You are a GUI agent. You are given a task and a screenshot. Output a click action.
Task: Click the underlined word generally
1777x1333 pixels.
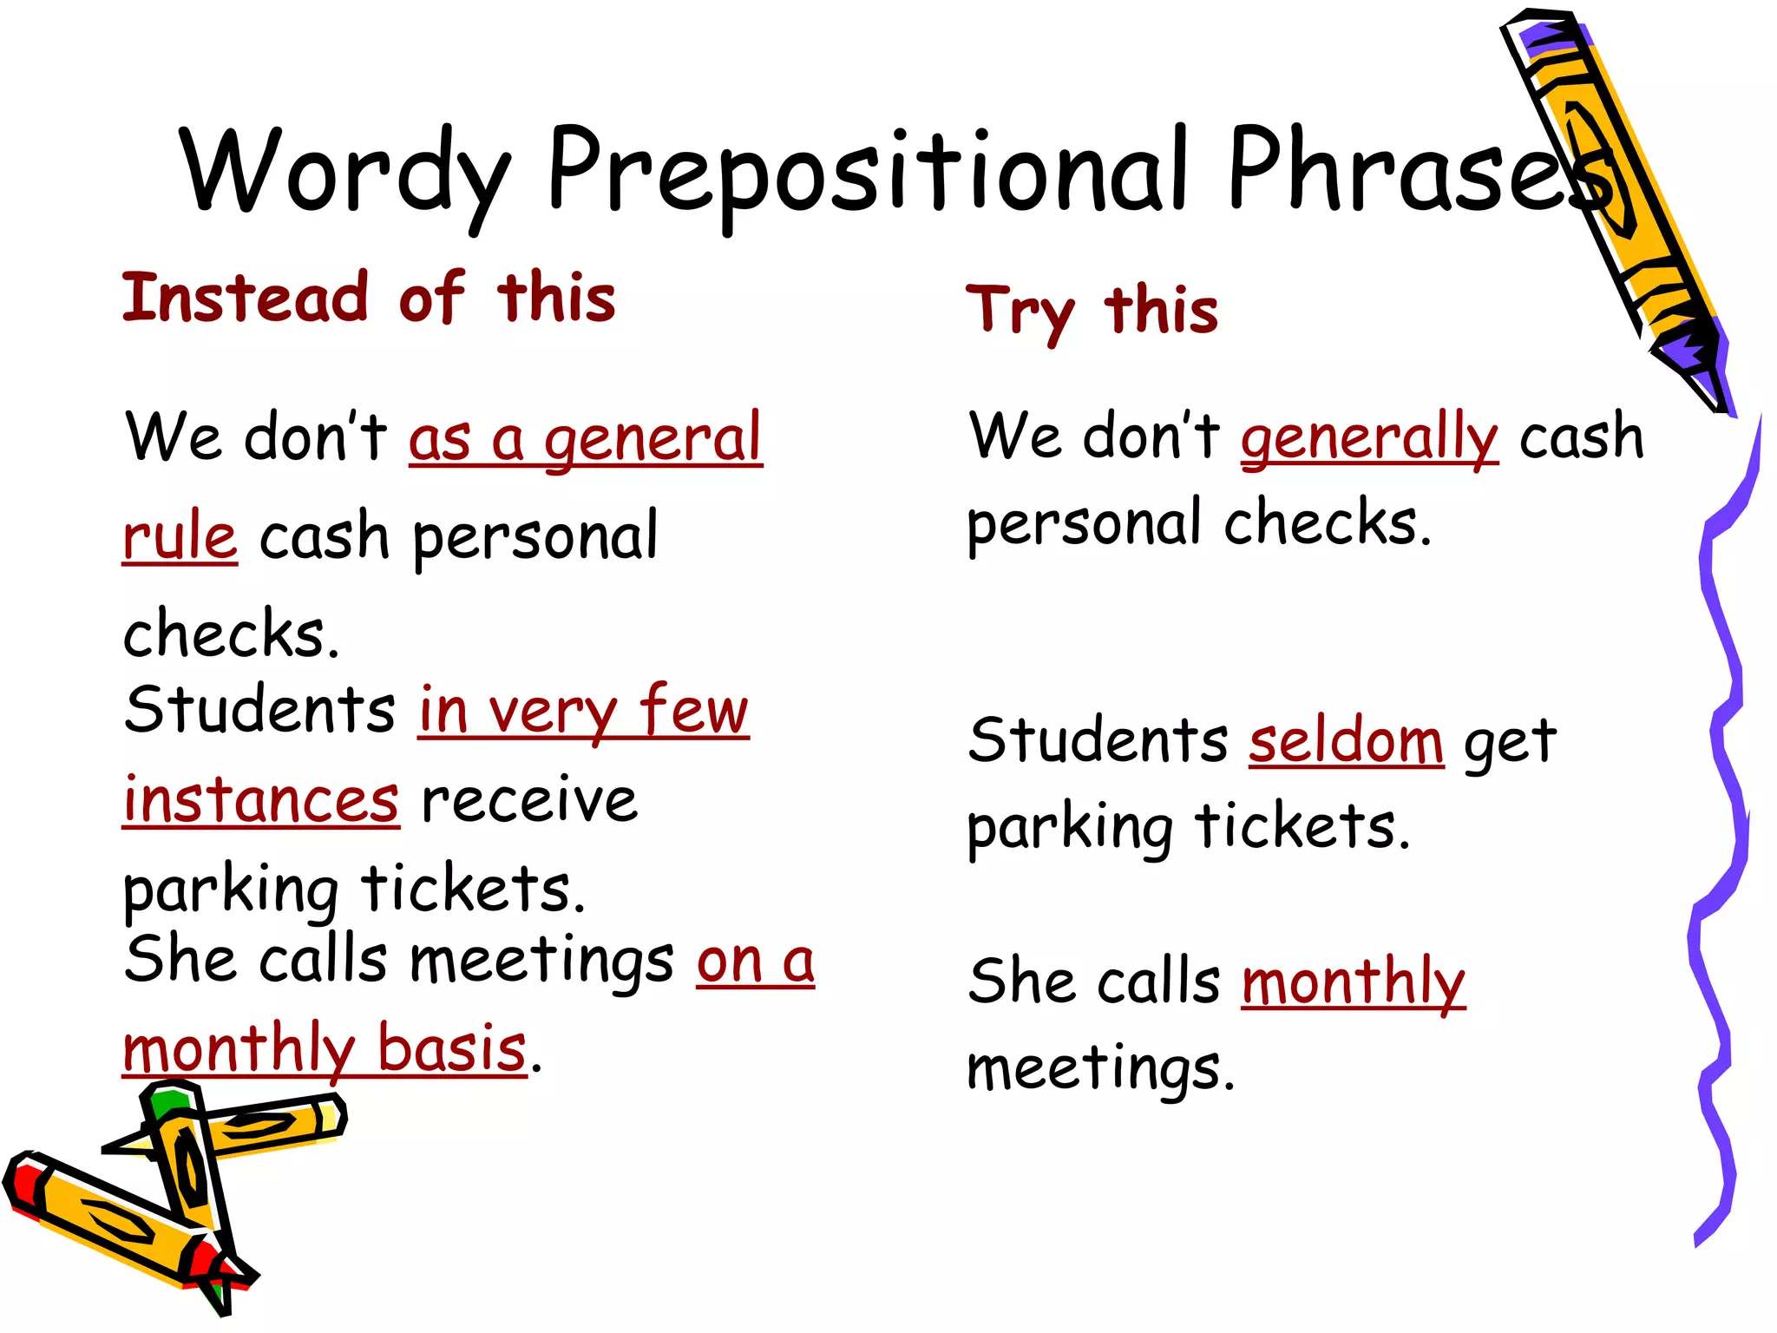pyautogui.click(x=1369, y=438)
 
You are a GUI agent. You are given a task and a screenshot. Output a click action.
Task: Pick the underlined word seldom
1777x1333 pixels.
pyautogui.click(x=1346, y=742)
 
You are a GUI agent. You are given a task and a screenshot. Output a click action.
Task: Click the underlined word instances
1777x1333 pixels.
pyautogui.click(x=260, y=800)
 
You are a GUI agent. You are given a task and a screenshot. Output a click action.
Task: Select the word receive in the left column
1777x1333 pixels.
pyautogui.click(x=529, y=800)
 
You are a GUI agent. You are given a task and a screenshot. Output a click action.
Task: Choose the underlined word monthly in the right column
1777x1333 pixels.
pyautogui.click(x=1354, y=983)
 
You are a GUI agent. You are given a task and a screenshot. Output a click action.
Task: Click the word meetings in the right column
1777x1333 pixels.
pyautogui.click(x=1100, y=1069)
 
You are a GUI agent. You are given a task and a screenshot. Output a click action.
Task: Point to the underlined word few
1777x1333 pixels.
pyautogui.click(x=694, y=710)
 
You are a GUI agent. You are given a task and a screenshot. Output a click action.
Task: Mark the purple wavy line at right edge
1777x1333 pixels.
pyautogui.click(x=1722, y=781)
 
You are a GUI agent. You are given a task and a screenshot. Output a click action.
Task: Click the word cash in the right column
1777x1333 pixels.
pyautogui.click(x=1581, y=438)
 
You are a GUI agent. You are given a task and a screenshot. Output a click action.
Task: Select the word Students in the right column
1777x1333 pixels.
pyautogui.click(x=1098, y=742)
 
